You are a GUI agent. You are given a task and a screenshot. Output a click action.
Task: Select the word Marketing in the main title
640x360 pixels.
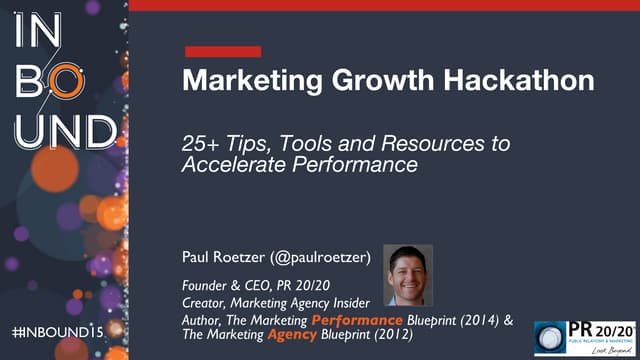240,82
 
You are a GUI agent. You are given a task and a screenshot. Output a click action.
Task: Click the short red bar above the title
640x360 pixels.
223,51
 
